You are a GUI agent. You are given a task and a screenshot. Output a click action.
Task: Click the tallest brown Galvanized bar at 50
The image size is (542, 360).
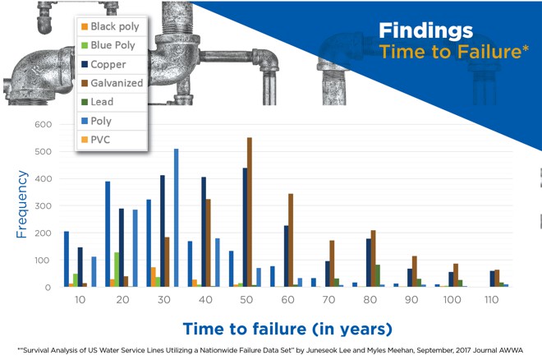coord(250,212)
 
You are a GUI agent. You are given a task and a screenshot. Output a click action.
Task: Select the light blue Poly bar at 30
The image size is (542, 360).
coord(177,218)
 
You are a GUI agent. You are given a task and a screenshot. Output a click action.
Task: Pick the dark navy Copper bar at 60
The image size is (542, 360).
coord(287,256)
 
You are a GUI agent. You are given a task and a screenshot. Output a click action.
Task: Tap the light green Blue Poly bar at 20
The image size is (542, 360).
coord(117,270)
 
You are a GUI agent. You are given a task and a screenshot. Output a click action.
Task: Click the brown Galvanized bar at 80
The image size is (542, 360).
coord(374,258)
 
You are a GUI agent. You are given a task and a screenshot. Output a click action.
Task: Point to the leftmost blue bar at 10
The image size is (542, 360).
coord(67,259)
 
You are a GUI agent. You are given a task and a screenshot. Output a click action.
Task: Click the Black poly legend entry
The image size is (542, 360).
coord(111,26)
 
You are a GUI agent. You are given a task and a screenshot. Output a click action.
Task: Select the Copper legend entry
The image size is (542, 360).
coord(103,64)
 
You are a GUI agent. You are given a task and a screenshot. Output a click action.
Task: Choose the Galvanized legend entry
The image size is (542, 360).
coord(112,83)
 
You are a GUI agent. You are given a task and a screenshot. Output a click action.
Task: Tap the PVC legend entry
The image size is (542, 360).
coord(96,140)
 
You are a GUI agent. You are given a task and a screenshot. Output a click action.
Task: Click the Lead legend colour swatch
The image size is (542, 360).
coord(85,102)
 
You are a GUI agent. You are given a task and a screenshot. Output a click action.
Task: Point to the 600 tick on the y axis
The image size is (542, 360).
coord(44,124)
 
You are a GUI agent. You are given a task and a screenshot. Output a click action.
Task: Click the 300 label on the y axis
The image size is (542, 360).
coord(44,205)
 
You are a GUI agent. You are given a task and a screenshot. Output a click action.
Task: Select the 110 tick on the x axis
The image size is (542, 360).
coord(492,299)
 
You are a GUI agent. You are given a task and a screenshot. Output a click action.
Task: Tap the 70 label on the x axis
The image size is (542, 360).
coord(328,299)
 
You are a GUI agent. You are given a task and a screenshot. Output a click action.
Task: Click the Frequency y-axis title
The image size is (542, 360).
coord(21,204)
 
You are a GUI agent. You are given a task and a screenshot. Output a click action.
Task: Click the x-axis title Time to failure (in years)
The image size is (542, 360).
coord(287,329)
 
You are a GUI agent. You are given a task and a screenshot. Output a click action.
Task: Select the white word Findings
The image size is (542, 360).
coord(426,30)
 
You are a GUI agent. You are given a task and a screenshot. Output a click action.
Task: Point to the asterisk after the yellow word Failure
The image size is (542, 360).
coord(526,48)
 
